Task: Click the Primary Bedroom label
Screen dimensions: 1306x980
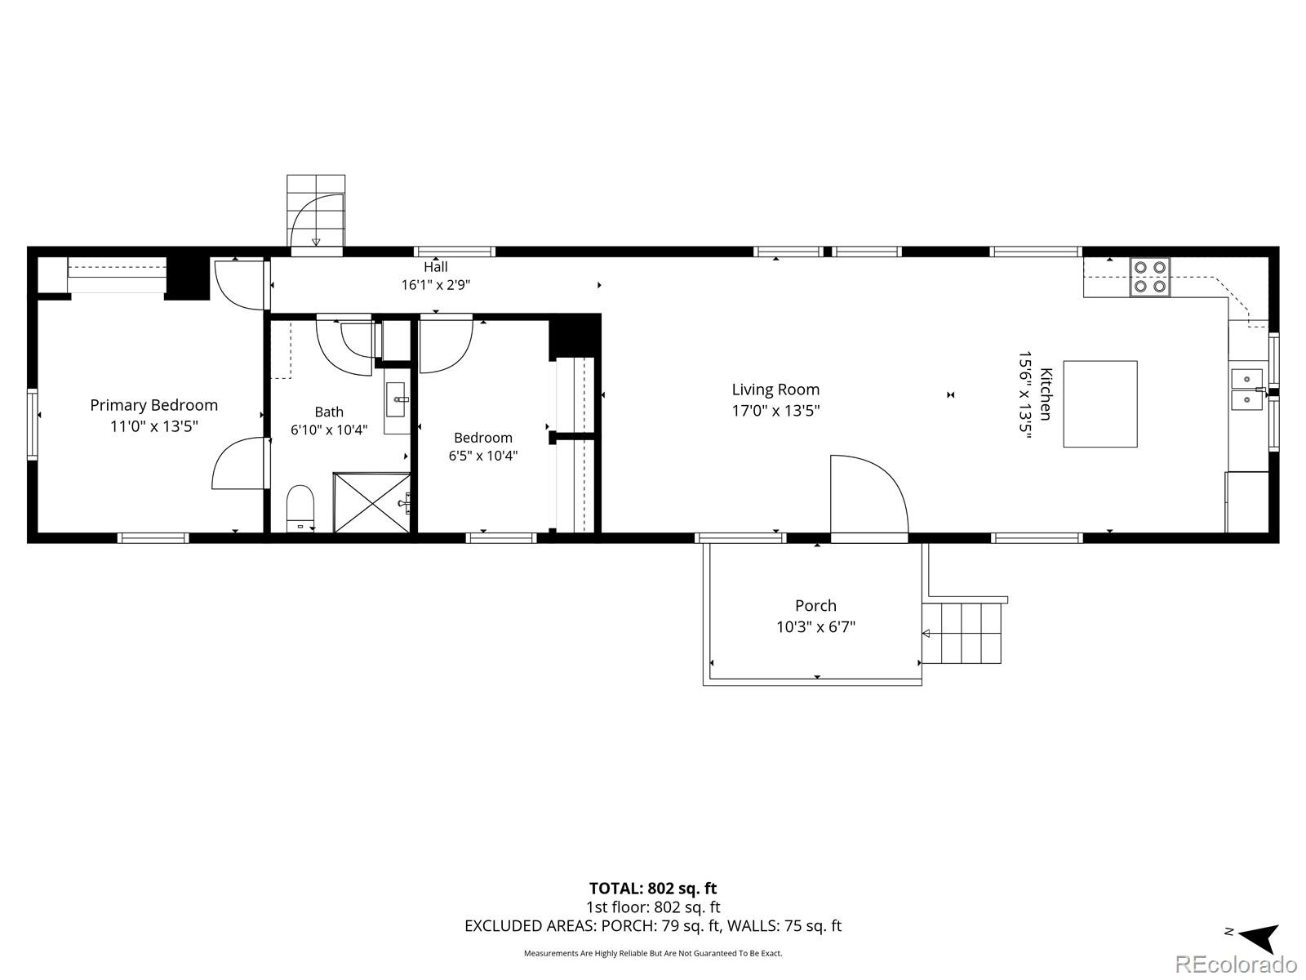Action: [x=153, y=405]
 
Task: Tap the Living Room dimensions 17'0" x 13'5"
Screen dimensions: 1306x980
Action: [x=775, y=411]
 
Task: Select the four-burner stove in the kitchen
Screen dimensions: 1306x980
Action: [x=1149, y=277]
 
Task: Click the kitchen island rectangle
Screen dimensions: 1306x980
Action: [x=1100, y=403]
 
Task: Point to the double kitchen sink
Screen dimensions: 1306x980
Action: [x=1247, y=390]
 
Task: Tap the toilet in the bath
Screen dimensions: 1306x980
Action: [x=300, y=508]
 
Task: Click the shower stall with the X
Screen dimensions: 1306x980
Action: [x=372, y=503]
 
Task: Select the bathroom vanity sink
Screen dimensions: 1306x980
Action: [x=396, y=400]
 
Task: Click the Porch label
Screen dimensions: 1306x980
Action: [x=815, y=606]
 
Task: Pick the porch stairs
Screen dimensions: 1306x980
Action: [x=962, y=632]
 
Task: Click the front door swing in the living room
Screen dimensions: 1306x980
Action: [x=869, y=494]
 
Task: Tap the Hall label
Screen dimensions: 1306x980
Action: [x=436, y=266]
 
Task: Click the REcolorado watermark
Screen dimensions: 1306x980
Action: [x=1237, y=964]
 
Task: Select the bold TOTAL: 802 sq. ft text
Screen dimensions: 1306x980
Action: [x=653, y=889]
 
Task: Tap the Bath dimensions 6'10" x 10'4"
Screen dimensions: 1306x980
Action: [x=329, y=430]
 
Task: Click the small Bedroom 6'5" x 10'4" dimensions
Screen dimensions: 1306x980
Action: [x=483, y=456]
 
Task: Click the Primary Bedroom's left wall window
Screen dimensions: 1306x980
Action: [x=32, y=424]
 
